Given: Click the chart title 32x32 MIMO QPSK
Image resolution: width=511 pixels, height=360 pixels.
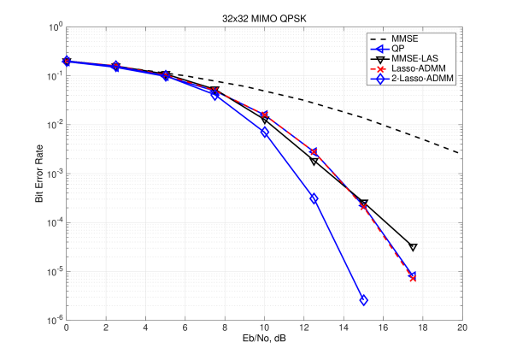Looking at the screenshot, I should coord(264,18).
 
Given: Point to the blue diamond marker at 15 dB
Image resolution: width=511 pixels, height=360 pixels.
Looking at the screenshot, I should coord(363,300).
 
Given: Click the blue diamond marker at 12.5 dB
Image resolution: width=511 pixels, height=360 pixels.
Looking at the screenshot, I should coord(314,198).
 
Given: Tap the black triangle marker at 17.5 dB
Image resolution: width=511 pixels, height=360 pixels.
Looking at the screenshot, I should coord(413,247).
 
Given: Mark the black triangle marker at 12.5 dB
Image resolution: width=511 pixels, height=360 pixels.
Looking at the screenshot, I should coord(314,162).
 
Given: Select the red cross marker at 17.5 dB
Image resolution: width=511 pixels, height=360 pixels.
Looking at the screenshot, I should coord(413,277).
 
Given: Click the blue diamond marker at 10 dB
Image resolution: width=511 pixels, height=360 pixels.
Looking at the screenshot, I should coord(265,132).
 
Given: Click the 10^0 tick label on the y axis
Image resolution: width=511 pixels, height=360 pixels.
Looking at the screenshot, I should coord(53,27).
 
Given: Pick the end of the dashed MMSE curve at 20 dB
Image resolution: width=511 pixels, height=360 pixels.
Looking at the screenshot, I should coord(462,154).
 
